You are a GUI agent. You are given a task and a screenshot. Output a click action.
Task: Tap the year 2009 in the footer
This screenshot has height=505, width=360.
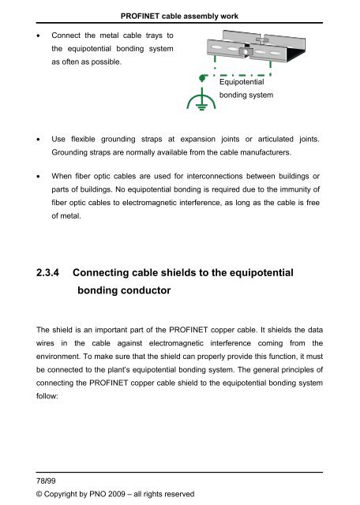pyautogui.click(x=130, y=495)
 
